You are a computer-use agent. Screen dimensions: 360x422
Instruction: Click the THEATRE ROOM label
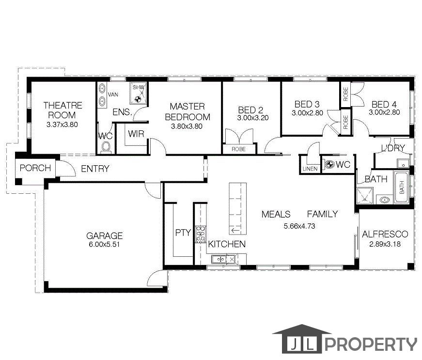[x=63, y=110]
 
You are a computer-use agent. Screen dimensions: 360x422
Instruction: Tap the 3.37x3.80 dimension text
[x=62, y=125]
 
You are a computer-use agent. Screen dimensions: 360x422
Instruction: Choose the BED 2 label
[x=250, y=110]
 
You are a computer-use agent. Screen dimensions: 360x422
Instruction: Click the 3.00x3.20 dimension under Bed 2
[x=252, y=118]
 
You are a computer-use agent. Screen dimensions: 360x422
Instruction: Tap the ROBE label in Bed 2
[x=238, y=150]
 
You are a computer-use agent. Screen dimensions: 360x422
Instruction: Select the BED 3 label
[x=307, y=104]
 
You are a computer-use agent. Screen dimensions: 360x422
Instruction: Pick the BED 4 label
[x=384, y=104]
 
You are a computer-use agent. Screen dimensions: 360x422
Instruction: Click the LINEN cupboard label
[x=310, y=169]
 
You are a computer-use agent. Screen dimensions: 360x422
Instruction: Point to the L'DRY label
[x=392, y=148]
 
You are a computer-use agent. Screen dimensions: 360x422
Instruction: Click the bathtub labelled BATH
[x=402, y=187]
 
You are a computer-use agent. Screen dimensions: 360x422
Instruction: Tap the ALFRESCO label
[x=385, y=234]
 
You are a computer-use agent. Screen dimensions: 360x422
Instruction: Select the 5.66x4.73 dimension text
[x=299, y=226]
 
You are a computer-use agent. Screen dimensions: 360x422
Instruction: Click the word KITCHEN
[x=227, y=244]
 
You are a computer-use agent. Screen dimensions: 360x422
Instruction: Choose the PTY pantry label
[x=183, y=233]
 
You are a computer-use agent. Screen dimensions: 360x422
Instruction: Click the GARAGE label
[x=104, y=236]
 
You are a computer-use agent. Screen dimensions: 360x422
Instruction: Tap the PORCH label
[x=35, y=168]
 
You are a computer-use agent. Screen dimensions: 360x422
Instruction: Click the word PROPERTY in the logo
[x=371, y=344]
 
